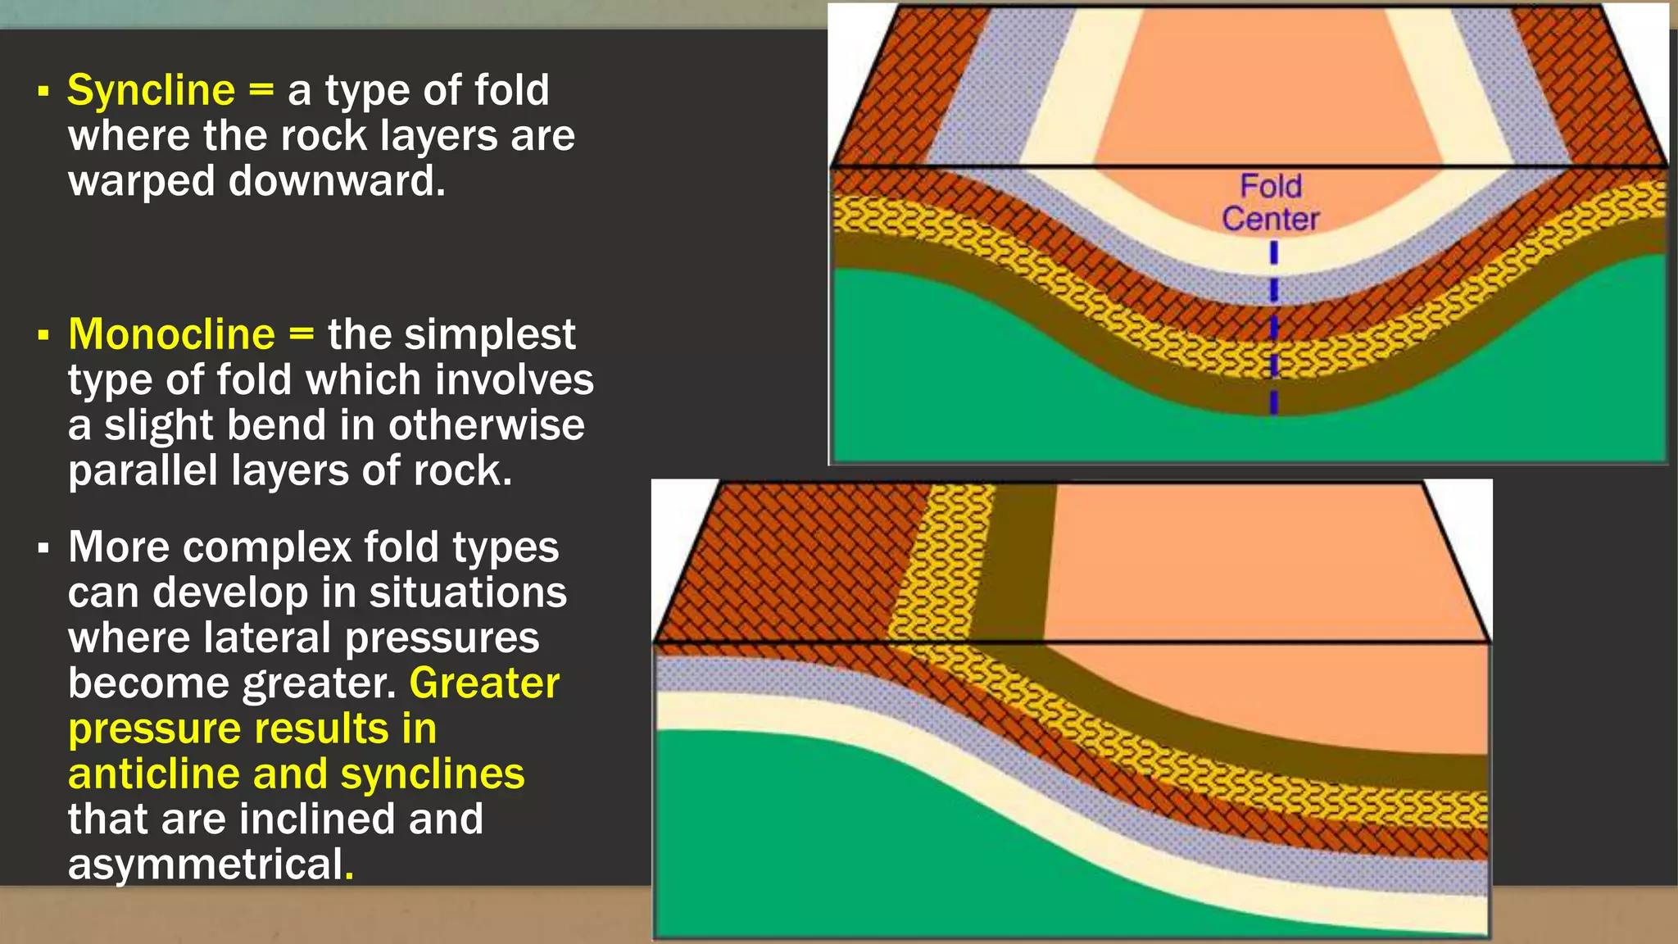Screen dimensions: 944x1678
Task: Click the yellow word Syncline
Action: [x=151, y=90]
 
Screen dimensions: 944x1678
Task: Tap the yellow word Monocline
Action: [x=171, y=334]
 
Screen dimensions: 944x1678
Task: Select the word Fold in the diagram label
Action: [x=1270, y=186]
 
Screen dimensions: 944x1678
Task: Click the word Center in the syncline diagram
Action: [x=1270, y=219]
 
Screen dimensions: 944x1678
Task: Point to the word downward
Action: [x=337, y=181]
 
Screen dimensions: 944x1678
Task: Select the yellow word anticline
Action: [x=153, y=774]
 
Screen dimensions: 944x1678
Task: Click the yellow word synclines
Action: [x=432, y=774]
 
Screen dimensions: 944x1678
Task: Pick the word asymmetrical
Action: [x=205, y=865]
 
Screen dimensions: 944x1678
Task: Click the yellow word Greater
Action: [x=484, y=683]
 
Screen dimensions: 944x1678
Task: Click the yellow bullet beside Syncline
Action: [x=43, y=91]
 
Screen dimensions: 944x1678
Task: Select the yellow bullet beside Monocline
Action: [x=43, y=335]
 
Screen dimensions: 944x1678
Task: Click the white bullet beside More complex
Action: [x=43, y=548]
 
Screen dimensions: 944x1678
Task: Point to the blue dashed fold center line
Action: [x=1273, y=328]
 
